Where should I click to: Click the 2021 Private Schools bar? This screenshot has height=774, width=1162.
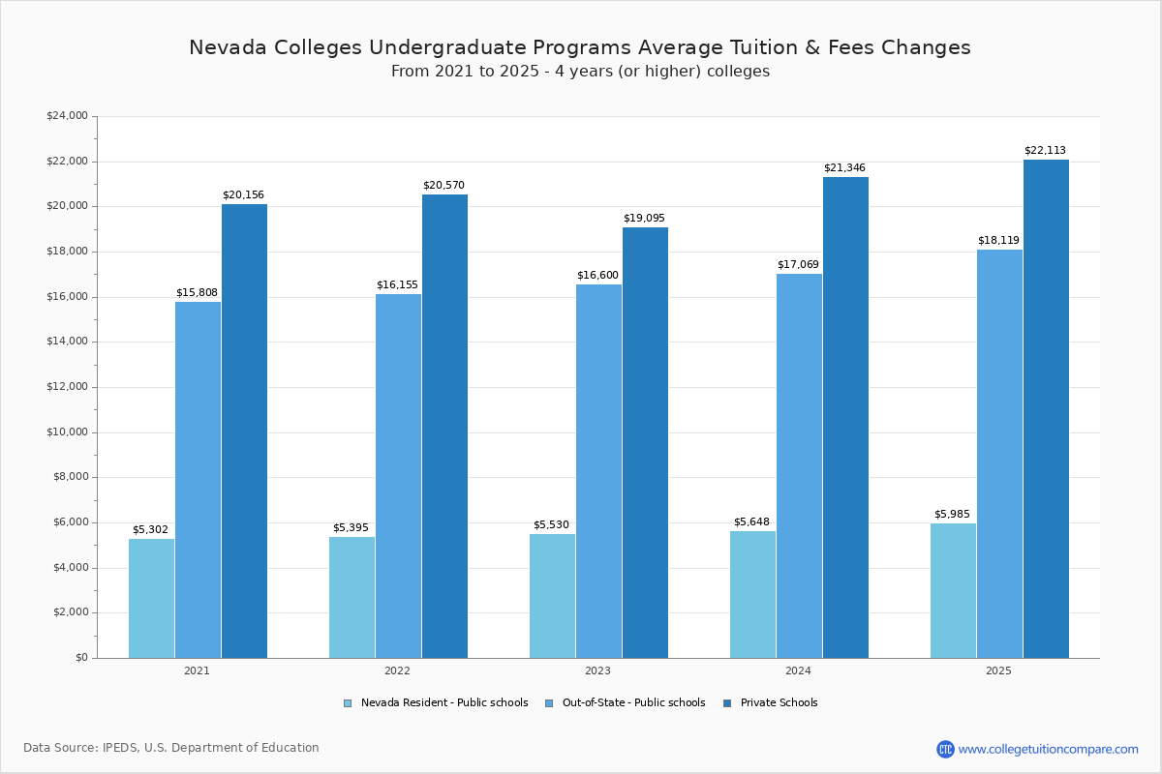coord(244,431)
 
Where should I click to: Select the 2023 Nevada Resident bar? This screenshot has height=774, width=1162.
coord(552,595)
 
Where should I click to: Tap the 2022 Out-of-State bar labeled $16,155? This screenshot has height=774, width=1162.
coord(398,475)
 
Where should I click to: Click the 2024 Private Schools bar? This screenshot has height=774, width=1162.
coord(845,417)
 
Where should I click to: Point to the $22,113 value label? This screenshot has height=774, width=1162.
coord(1045,151)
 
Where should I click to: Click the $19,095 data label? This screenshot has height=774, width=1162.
coord(644,219)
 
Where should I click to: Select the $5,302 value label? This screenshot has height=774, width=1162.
coord(150,529)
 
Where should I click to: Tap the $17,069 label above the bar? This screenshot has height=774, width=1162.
coord(798,265)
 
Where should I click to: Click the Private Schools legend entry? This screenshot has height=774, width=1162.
coord(779,703)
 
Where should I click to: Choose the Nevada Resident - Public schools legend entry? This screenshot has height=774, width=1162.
coord(443,703)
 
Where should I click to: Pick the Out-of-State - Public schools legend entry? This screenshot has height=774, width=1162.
coord(633,703)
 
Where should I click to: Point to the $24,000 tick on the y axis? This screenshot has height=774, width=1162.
coord(67,116)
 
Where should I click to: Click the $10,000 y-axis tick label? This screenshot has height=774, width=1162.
coord(67,432)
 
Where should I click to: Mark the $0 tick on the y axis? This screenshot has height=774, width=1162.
coord(80,658)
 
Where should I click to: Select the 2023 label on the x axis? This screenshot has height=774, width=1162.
coord(597,670)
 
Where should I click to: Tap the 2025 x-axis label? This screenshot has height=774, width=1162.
coord(998,670)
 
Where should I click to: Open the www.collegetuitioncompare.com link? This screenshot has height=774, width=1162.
coord(1048,749)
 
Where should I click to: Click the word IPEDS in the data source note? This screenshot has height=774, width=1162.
coord(123,748)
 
